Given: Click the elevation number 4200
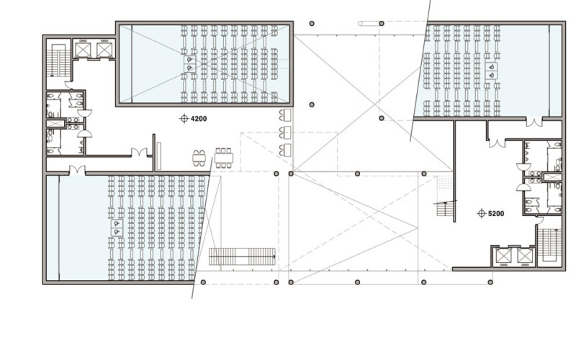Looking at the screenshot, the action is pos(199,119).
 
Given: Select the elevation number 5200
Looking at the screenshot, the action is pos(496,213).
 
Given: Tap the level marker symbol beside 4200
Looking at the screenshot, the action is pos(184,119).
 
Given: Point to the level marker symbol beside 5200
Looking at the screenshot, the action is pos(481,213).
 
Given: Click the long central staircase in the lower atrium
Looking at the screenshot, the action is pos(242,256).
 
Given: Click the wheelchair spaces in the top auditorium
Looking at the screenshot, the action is pos(189,63).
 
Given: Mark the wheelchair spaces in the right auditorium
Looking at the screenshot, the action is pos(491,71).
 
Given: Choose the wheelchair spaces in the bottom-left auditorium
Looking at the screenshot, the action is pos(117,228).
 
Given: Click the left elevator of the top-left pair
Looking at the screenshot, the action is pos(83,50).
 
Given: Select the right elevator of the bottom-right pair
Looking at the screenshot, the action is pos(525,256).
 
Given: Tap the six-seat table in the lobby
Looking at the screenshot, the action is pos(224,158).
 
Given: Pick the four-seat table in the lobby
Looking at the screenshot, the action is pos(199,158).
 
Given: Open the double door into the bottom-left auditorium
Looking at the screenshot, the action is pos(77,170).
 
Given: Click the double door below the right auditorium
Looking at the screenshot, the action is pos(534,122).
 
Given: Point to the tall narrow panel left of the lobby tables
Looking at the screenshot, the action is pos(158,156).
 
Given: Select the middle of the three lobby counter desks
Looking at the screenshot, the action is pos(285,132).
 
